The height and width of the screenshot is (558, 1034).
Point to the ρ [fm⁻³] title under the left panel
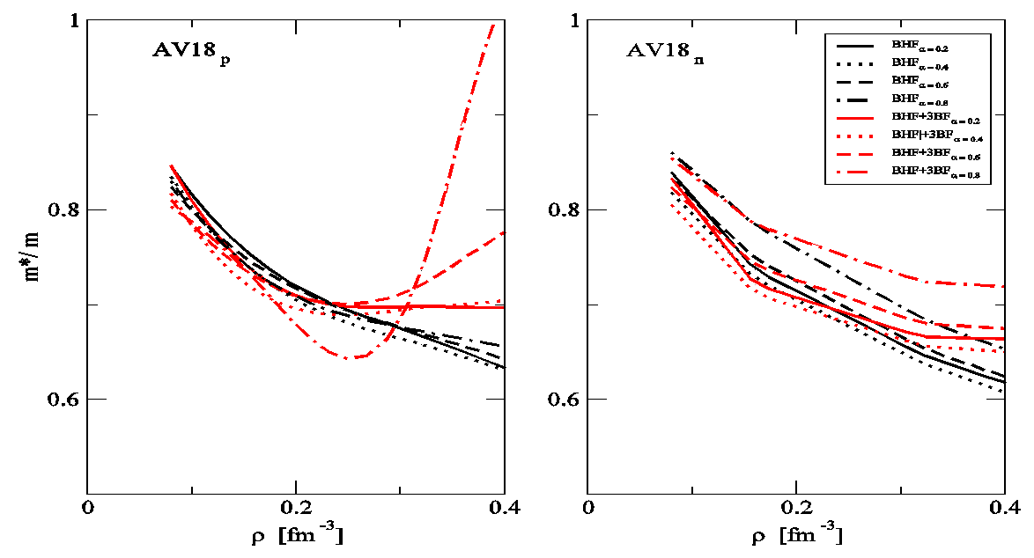[x=296, y=534]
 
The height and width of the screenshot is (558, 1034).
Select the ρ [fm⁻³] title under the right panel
[x=796, y=534]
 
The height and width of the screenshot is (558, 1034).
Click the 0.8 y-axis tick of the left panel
[x=63, y=210]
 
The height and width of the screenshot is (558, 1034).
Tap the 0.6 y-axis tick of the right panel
[x=565, y=400]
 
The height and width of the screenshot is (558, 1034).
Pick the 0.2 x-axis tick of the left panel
[x=296, y=508]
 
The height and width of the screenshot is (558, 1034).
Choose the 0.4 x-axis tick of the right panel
[x=1004, y=508]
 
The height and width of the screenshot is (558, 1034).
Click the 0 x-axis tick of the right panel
[x=588, y=508]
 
